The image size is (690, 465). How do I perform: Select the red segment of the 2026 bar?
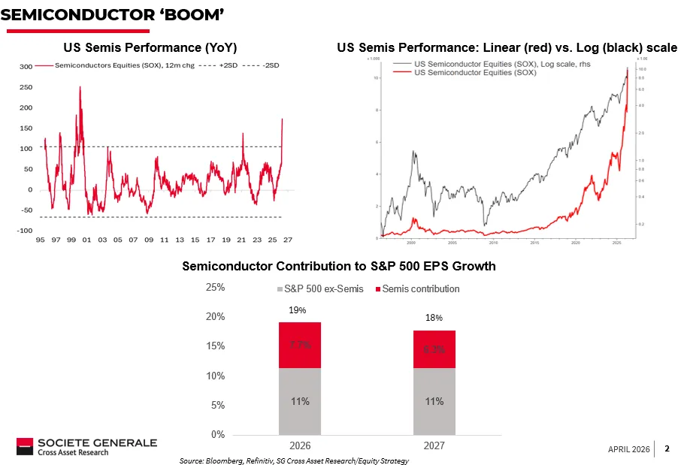pos(300,345)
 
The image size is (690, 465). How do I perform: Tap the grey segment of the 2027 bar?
pos(434,401)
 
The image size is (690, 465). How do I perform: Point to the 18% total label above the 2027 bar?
pos(434,319)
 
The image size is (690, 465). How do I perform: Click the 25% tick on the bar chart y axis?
pos(215,288)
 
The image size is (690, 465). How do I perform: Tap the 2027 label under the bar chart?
pos(434,445)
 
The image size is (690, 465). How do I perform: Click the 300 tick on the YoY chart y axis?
pos(26,67)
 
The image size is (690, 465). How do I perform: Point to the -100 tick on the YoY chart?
pos(24,231)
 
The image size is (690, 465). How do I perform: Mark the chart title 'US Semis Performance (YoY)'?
pos(150,47)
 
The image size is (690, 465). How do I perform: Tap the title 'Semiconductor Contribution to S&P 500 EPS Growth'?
pos(339,267)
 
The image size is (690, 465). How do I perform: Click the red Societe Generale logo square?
pos(26,446)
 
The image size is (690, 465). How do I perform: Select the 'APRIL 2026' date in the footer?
pos(628,449)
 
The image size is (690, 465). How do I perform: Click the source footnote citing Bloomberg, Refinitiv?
pos(294,460)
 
